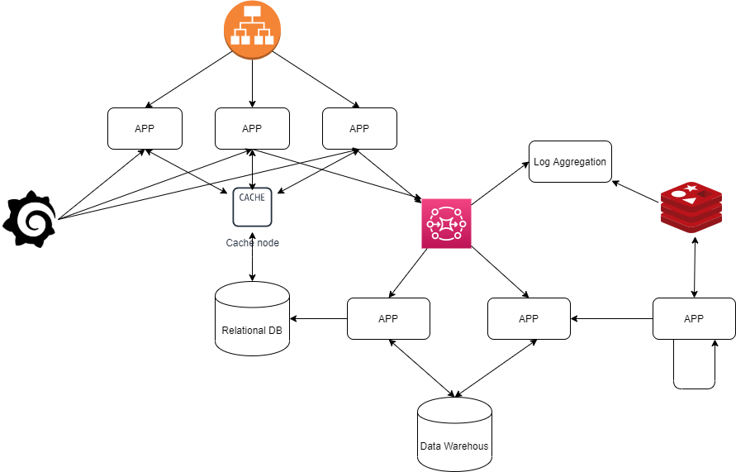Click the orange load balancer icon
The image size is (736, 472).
(x=252, y=31)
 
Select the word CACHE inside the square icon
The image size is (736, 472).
(x=252, y=197)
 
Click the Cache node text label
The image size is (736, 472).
(x=252, y=243)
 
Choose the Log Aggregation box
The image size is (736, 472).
(x=570, y=162)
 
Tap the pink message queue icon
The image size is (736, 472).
(x=446, y=223)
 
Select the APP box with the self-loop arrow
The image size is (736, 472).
(x=694, y=318)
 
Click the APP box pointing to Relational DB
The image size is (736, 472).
(x=388, y=318)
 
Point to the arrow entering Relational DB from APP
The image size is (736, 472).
(x=318, y=318)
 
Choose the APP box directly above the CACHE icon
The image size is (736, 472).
(x=252, y=128)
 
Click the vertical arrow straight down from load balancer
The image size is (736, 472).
(x=252, y=83)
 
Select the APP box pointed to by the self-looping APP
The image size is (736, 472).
(x=529, y=318)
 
